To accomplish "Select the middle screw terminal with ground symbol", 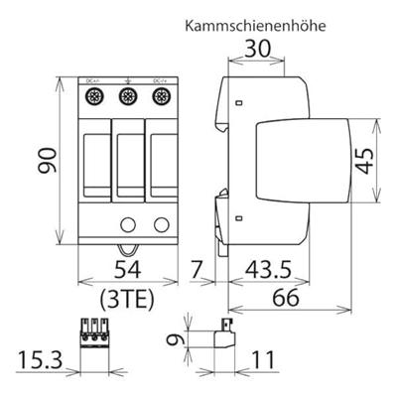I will [126, 97].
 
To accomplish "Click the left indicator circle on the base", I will [127, 222].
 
